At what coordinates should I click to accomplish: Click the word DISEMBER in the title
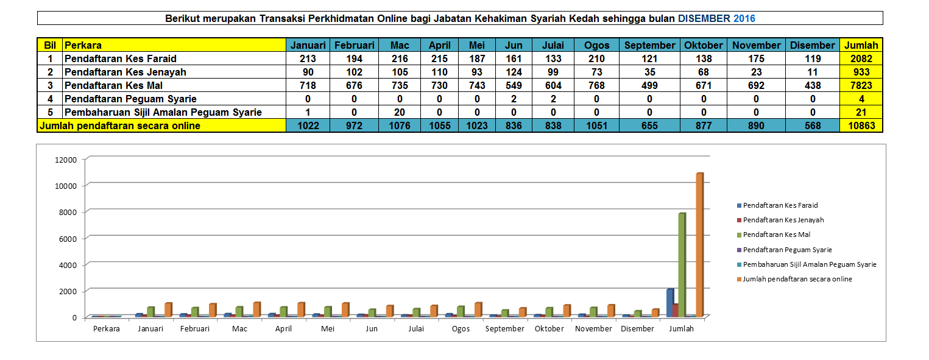click(x=704, y=18)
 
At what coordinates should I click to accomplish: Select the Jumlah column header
click(x=861, y=45)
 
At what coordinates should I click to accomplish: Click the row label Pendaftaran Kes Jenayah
click(x=125, y=72)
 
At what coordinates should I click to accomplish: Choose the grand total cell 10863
click(x=861, y=125)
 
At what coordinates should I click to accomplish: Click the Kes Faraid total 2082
click(x=861, y=58)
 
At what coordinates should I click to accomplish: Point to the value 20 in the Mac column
click(x=400, y=112)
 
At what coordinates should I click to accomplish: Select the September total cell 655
click(x=649, y=125)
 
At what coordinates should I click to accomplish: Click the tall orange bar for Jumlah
click(x=699, y=244)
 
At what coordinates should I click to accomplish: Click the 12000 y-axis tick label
click(x=66, y=160)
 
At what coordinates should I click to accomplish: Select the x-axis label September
click(x=504, y=329)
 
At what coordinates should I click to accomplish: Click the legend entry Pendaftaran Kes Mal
click(x=776, y=235)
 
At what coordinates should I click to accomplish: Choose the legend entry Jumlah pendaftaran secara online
click(x=797, y=279)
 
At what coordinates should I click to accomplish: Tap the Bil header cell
click(x=50, y=45)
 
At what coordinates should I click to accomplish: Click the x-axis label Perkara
click(x=107, y=329)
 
